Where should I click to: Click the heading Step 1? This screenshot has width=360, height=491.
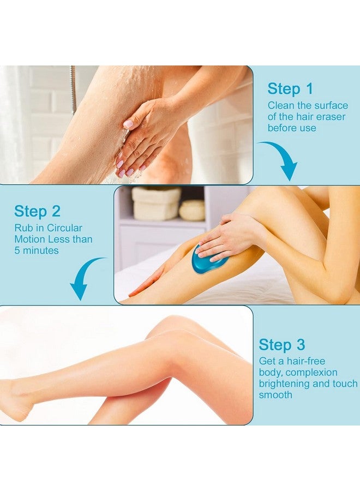tap(290, 88)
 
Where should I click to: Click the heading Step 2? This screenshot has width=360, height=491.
tap(37, 211)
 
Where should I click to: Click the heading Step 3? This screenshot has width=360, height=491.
tap(281, 344)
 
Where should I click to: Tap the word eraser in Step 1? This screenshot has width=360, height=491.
tap(330, 117)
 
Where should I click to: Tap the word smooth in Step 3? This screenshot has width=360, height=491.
tap(275, 395)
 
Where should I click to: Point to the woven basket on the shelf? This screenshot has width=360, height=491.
tap(156, 203)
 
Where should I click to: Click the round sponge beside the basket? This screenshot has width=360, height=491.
tap(192, 210)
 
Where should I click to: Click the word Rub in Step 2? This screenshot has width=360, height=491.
tap(22, 228)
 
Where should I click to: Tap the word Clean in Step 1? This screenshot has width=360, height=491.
tap(281, 105)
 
